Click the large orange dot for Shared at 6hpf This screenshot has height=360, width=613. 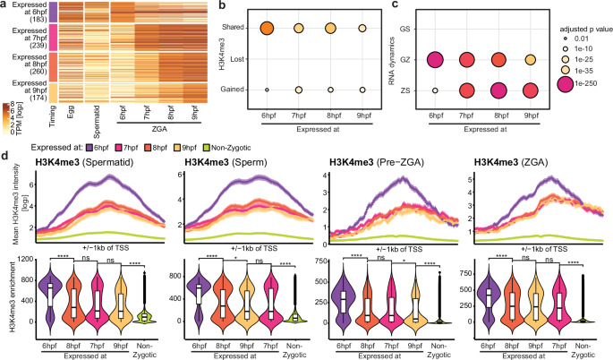coord(267,29)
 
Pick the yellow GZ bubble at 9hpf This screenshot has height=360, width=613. coord(531,60)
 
